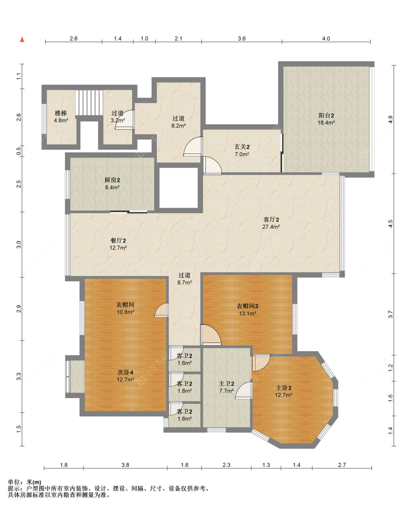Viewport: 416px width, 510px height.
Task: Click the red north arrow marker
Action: coord(22,39)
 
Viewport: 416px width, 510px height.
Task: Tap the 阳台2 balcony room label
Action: coord(326,115)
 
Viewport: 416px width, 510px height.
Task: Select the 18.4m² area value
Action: coord(326,123)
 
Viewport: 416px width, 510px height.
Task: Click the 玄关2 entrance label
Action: coord(242,147)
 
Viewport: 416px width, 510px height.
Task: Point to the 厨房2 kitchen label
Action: coord(112,180)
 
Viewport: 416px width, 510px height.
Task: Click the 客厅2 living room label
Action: coord(271,219)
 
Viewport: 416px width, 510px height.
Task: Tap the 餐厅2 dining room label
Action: coord(118,241)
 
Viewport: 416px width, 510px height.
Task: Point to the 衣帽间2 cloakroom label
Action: coord(247,306)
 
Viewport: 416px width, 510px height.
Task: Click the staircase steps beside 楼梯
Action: coord(89,103)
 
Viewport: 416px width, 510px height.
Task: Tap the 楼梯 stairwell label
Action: coord(61,113)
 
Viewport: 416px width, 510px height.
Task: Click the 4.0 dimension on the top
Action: coord(326,39)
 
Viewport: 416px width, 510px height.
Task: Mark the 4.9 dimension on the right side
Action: coord(390,120)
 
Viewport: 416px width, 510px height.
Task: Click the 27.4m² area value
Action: coord(271,227)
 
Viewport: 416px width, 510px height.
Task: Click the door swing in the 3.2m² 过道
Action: coord(125,120)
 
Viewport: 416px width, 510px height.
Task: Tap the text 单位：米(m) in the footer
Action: coord(24,482)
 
